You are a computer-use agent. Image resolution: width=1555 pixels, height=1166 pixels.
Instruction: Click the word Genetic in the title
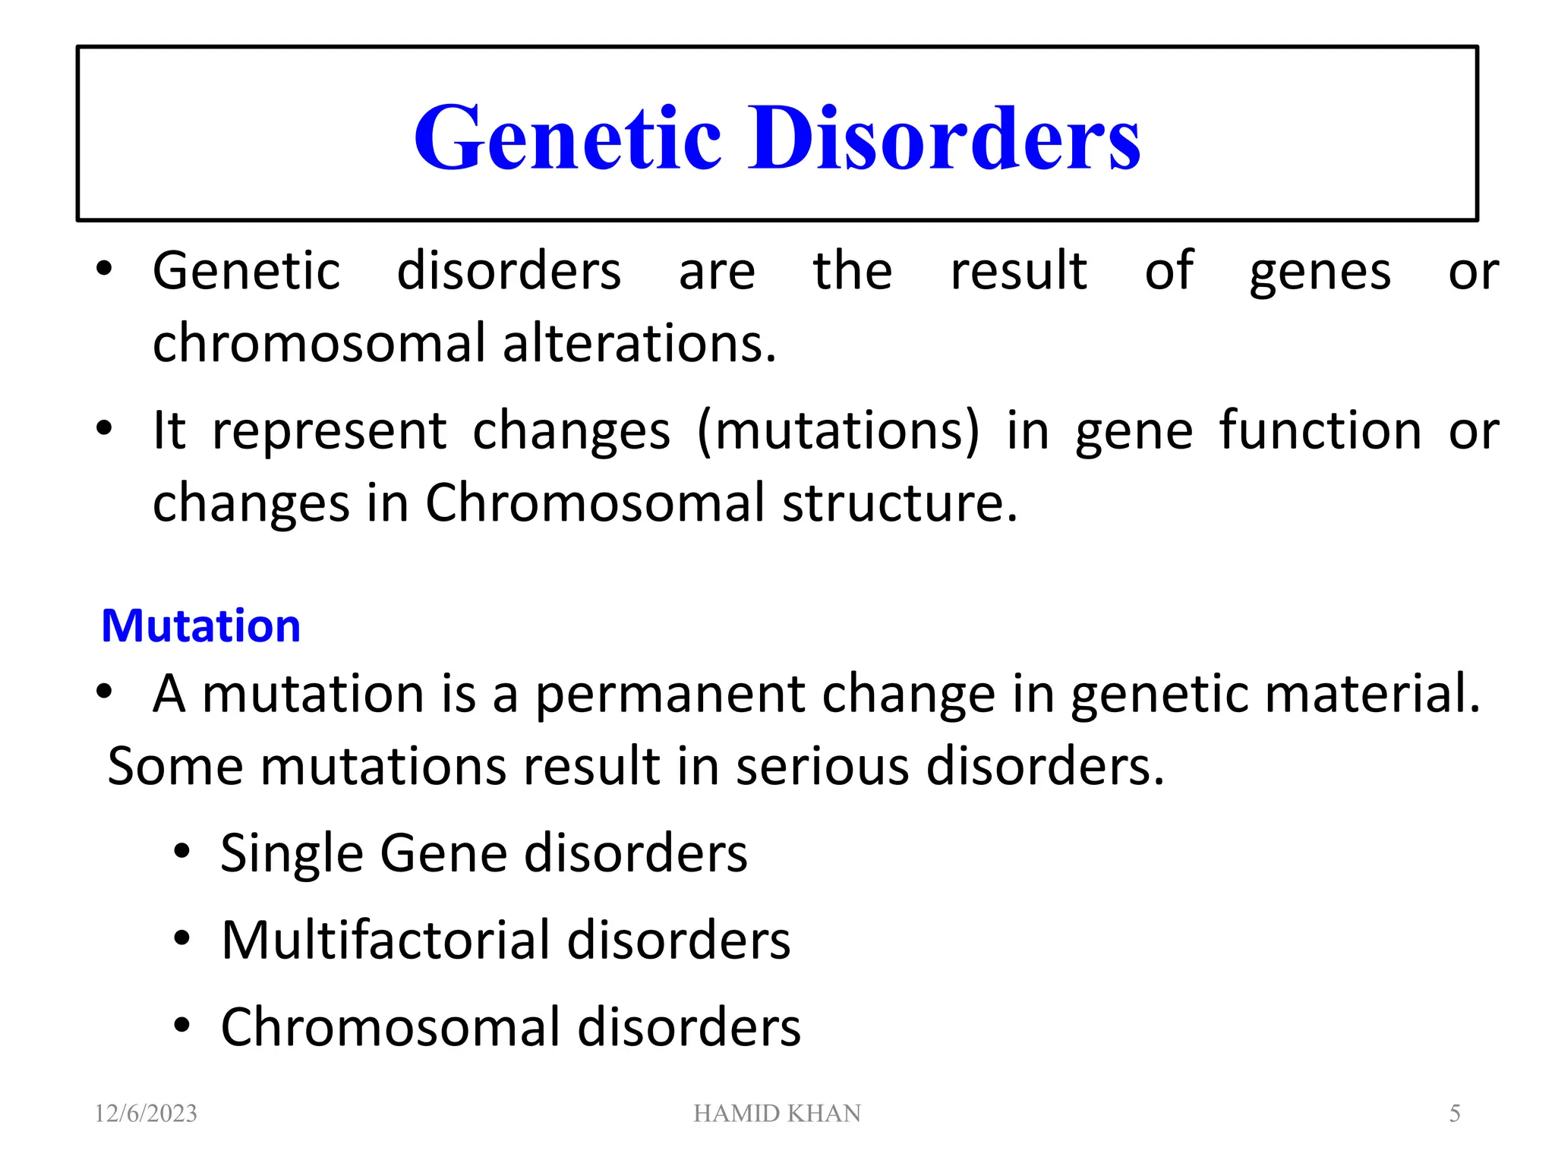566,138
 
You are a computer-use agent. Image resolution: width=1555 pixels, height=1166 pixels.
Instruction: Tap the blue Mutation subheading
200,626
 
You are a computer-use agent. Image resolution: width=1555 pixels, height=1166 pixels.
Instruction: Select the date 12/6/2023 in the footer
146,1114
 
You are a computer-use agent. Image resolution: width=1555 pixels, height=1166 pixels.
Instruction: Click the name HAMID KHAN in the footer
777,1114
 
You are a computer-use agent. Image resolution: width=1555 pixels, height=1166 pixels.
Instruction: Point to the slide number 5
1454,1114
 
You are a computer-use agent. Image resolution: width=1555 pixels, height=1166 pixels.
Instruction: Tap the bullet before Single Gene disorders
181,851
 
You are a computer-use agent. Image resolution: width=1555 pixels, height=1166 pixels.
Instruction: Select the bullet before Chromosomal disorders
181,1026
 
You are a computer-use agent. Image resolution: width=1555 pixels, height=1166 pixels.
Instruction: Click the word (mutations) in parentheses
838,431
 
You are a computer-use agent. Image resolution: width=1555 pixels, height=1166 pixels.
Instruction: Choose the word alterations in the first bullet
639,343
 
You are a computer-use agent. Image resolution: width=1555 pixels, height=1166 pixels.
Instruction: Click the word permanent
670,694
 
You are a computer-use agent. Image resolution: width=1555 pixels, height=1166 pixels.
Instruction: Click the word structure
900,503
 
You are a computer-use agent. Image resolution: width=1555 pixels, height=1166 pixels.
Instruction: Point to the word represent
329,431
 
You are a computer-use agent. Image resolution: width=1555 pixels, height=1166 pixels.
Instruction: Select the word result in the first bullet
1018,270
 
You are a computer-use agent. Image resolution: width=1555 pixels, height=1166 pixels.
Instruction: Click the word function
1320,430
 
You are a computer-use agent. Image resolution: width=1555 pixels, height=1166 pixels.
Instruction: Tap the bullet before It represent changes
105,429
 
